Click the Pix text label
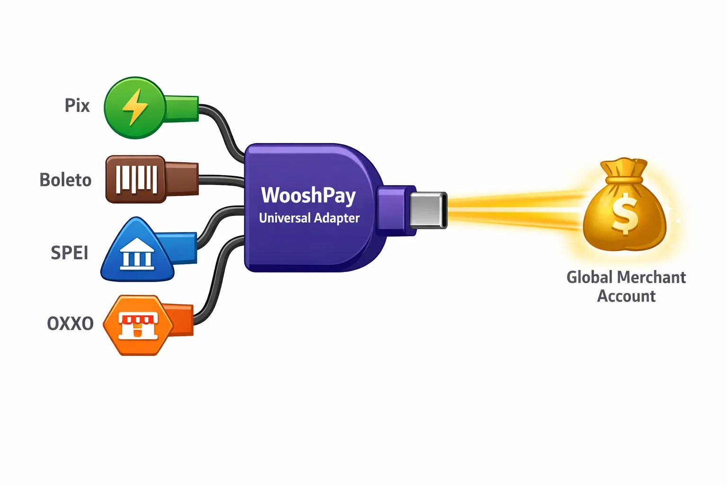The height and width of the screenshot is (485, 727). pos(77,105)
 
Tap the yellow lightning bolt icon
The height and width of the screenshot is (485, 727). pos(135,107)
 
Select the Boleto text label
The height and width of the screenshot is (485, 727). pos(65,180)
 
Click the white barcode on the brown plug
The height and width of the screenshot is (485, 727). pos(137,180)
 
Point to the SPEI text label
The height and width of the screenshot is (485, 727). pos(70,253)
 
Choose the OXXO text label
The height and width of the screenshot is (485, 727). pos(70,324)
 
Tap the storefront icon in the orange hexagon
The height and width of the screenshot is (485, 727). pos(137,325)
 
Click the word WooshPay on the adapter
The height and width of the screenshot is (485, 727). pos(308,195)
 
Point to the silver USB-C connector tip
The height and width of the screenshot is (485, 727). pos(427,209)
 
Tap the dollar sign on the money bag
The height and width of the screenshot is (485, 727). pos(624,214)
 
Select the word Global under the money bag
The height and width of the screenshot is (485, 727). pos(589,277)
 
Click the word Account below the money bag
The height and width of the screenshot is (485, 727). pos(626,296)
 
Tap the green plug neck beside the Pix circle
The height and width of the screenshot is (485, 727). pos(182,108)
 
